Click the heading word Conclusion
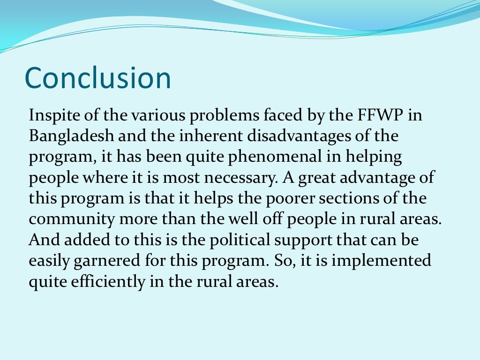[x=97, y=78]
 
